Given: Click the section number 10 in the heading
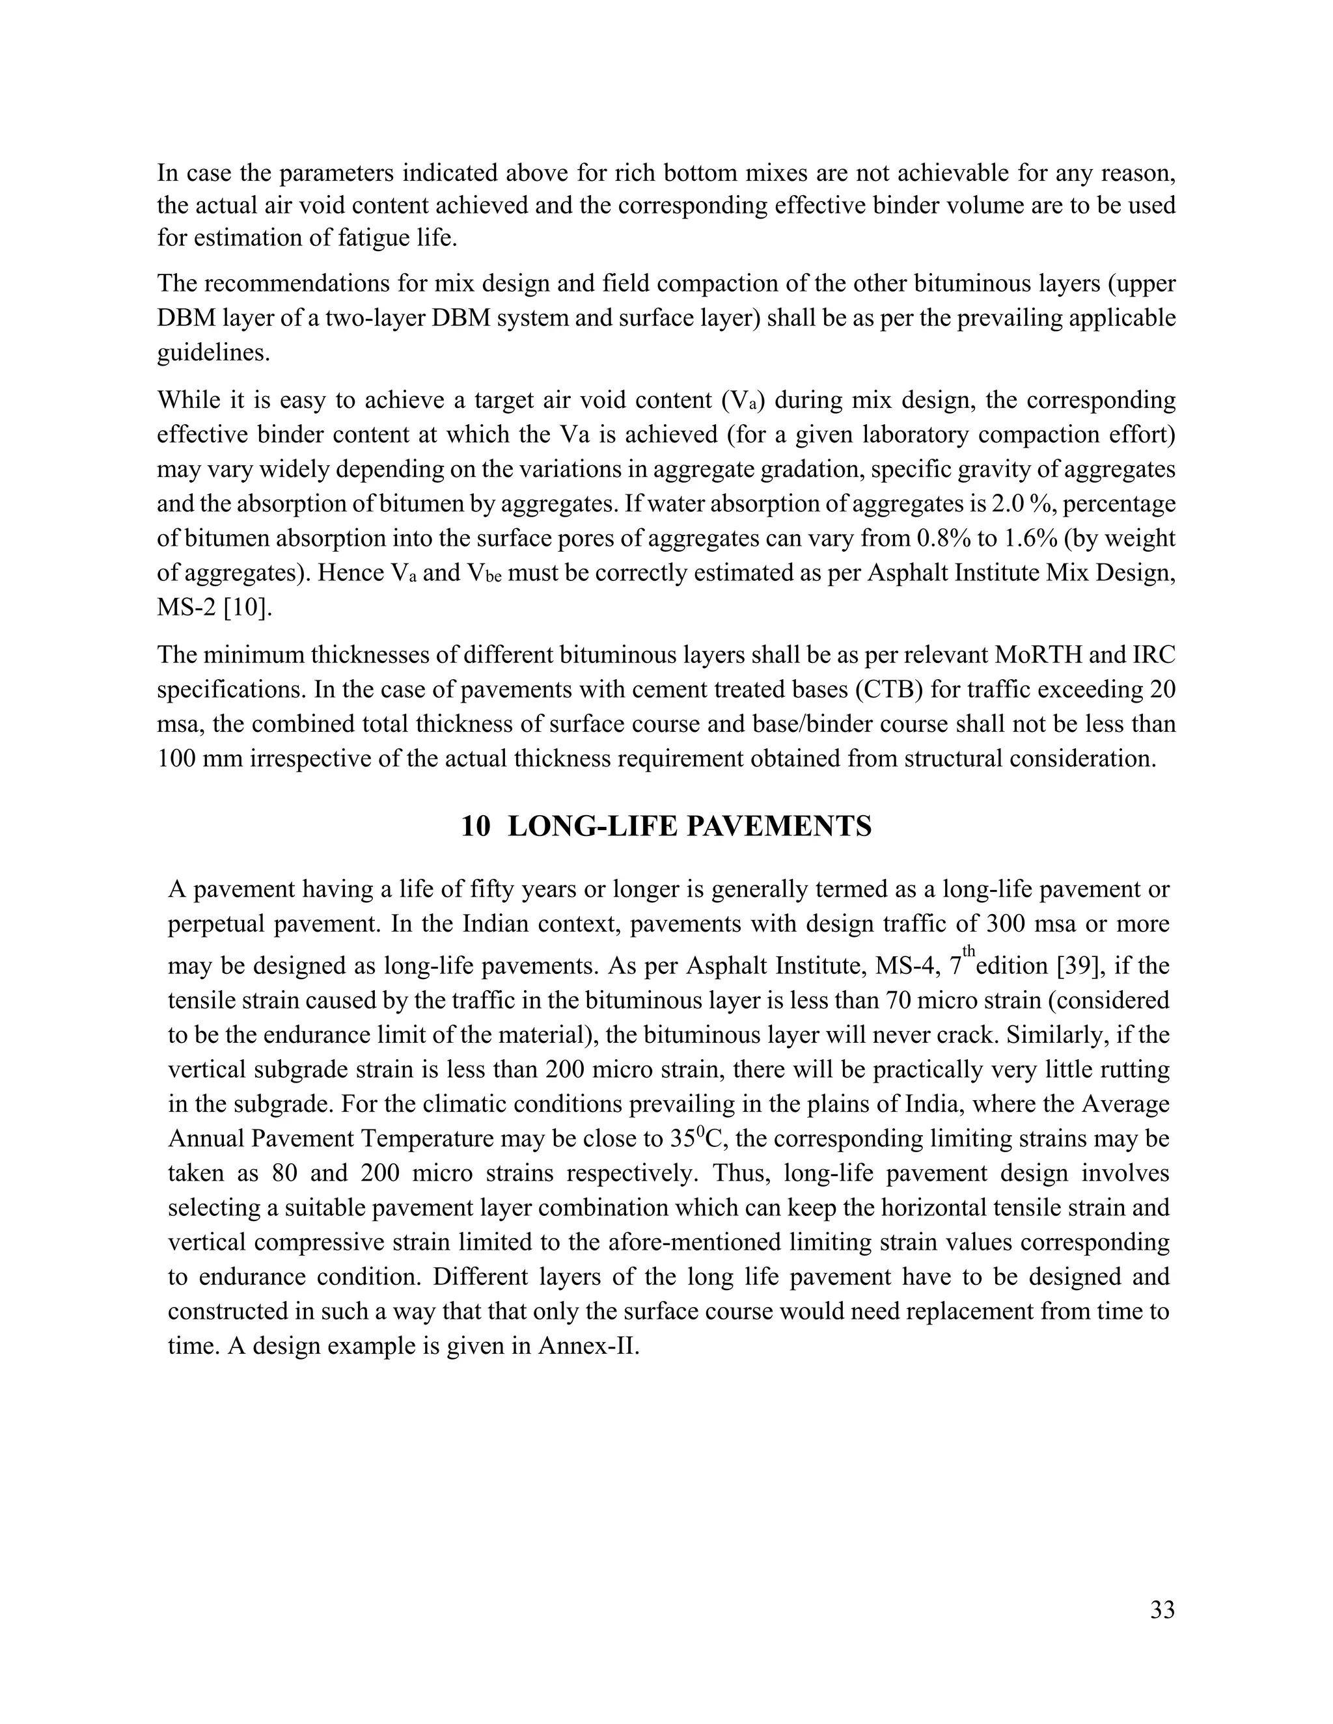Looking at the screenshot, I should [475, 826].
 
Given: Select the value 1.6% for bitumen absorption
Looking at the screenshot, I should [1036, 539].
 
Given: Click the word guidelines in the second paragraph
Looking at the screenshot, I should [212, 352].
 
